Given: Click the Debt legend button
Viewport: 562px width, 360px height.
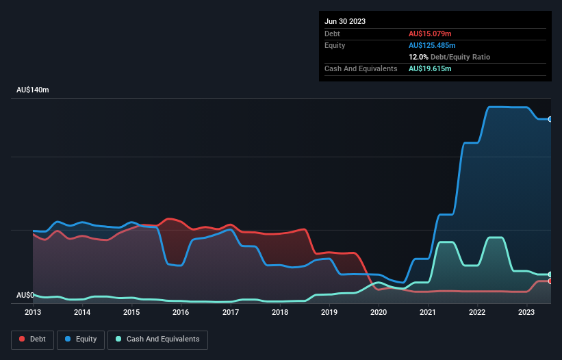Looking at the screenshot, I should [x=31, y=339].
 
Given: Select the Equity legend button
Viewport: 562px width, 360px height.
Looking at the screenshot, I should [x=81, y=339].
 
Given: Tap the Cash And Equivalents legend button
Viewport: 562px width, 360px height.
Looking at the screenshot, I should [x=157, y=339].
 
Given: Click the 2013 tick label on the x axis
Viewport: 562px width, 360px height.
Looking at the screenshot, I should [x=33, y=312].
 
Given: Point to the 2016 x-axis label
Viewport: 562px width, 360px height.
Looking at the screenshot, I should [x=181, y=312].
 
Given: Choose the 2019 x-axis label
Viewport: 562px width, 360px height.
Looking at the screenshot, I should [x=329, y=312].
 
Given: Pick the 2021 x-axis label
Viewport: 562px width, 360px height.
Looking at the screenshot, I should [x=428, y=312].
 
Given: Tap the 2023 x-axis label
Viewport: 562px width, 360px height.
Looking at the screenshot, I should [x=526, y=312].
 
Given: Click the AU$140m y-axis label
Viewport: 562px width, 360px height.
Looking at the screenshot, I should [x=32, y=90].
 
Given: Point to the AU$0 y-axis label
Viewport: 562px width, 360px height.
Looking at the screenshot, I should [x=25, y=296].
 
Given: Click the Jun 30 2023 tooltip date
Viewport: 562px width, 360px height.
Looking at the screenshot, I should [x=345, y=21].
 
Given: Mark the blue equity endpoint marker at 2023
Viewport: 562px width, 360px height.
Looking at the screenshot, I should [x=550, y=119].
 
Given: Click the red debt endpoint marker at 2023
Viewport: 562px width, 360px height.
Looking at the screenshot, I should [x=550, y=281].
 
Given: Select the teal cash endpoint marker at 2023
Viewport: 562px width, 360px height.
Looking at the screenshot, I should [x=550, y=274].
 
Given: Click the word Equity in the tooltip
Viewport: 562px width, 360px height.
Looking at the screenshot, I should [x=335, y=45].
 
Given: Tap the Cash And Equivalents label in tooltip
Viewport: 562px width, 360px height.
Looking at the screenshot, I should [x=361, y=68].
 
